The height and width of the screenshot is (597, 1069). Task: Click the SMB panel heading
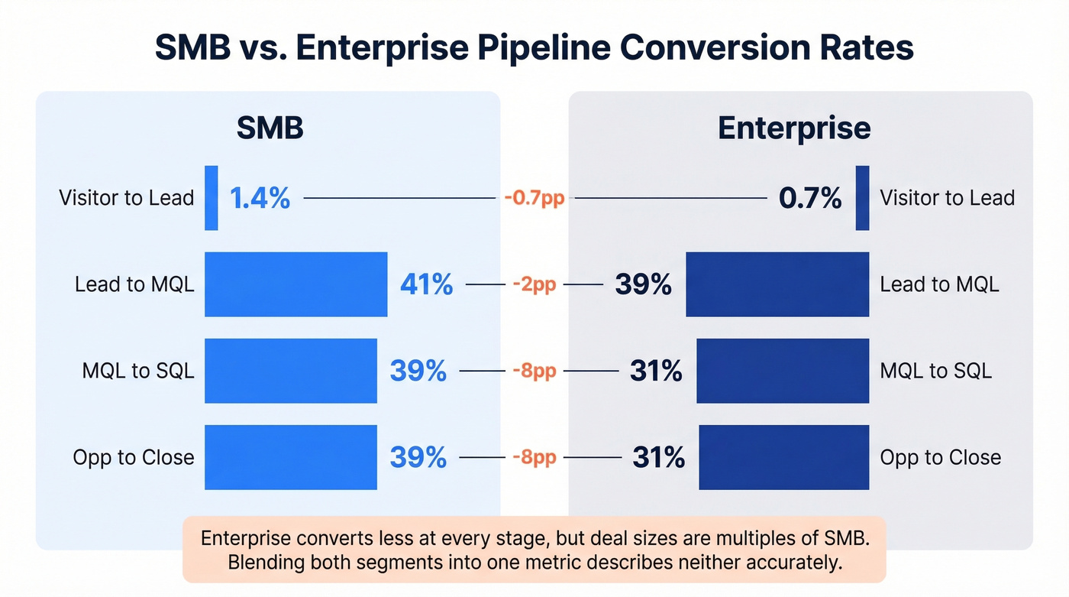click(x=270, y=128)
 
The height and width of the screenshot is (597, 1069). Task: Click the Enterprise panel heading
click(x=794, y=128)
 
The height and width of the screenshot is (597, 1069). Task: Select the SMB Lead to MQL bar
click(x=296, y=284)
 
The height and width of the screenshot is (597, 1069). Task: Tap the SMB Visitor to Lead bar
click(x=212, y=198)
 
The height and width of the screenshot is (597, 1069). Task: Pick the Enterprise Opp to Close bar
click(x=784, y=457)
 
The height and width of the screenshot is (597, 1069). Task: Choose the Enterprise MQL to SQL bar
click(x=783, y=371)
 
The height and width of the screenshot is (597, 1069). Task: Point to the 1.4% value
click(x=260, y=199)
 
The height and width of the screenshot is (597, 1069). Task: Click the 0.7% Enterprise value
click(x=810, y=199)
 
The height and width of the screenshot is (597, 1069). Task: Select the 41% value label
click(x=426, y=285)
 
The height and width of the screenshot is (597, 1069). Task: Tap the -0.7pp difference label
click(x=534, y=199)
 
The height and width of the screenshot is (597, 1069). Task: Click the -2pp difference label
click(x=534, y=285)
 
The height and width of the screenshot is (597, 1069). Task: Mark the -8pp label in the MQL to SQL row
click(x=534, y=372)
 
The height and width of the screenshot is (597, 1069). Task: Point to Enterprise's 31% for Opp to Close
click(x=658, y=458)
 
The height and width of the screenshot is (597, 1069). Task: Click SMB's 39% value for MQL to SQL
click(x=418, y=372)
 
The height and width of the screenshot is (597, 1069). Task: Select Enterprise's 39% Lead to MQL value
click(x=643, y=285)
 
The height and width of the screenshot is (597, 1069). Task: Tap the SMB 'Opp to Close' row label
click(x=134, y=458)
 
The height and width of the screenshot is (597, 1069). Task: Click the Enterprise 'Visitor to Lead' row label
click(x=947, y=199)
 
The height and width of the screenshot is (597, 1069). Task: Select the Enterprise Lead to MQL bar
click(x=777, y=284)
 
